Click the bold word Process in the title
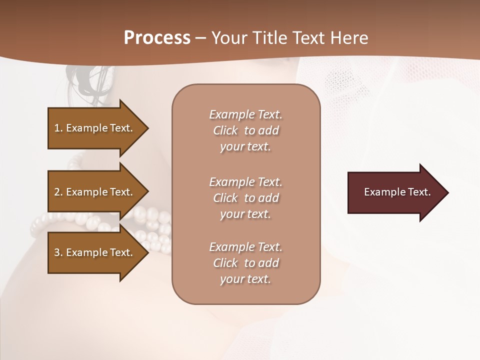point(157,38)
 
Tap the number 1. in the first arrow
point(58,128)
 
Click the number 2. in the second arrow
point(58,192)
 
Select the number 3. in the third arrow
point(58,252)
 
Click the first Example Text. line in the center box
point(245,114)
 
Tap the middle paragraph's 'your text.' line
point(245,214)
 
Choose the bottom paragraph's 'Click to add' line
point(245,263)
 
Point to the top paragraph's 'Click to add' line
point(245,130)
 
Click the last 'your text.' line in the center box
point(245,279)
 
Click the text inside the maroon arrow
point(397,192)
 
